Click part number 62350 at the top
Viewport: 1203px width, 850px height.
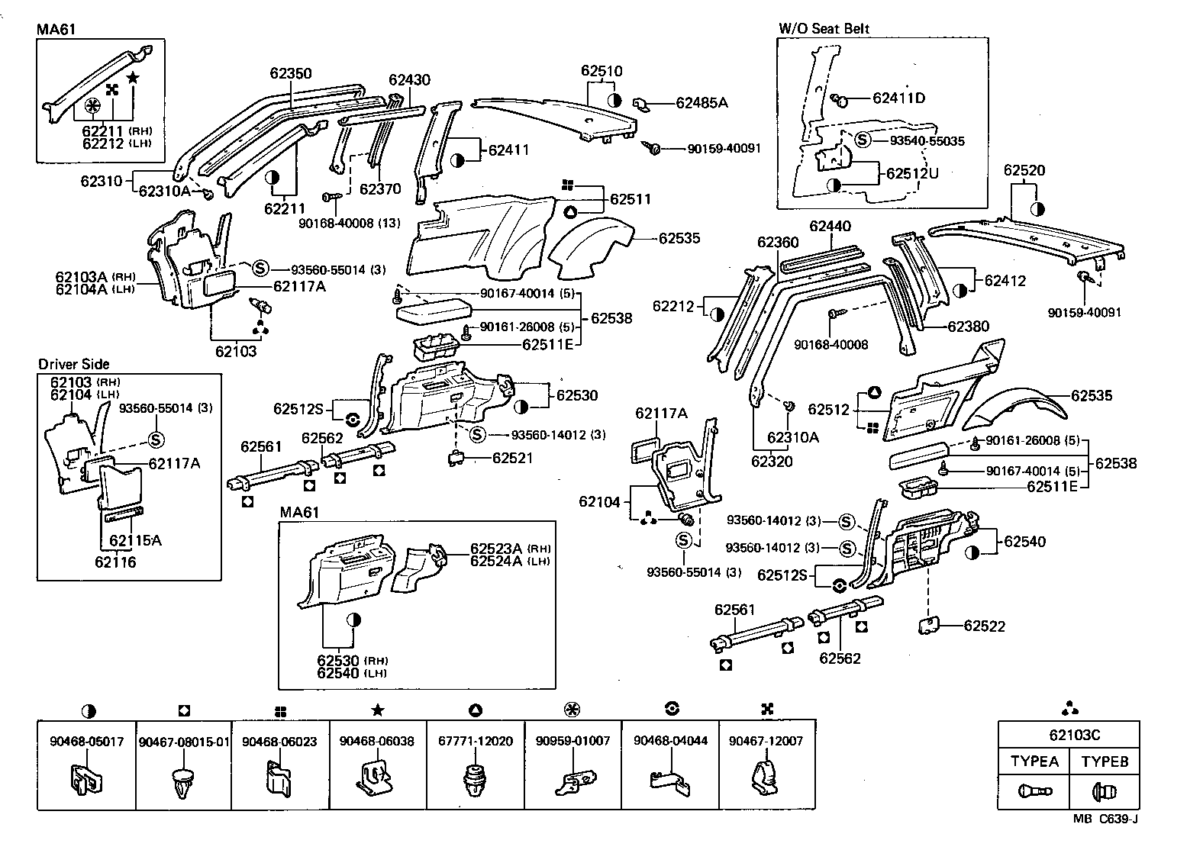[x=290, y=74]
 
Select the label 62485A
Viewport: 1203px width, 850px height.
[x=701, y=102]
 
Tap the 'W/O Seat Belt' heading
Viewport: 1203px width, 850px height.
[x=824, y=28]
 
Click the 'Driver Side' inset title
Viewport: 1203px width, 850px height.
[x=74, y=364]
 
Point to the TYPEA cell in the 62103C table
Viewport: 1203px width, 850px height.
[x=1034, y=761]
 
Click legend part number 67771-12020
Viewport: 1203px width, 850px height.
[x=475, y=741]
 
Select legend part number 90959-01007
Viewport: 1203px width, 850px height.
[x=572, y=741]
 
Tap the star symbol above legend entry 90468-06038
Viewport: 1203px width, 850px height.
[x=377, y=710]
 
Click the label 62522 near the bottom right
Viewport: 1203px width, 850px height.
[x=984, y=626]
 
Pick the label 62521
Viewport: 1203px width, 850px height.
[x=513, y=458]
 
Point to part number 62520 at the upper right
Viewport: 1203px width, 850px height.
[x=1024, y=171]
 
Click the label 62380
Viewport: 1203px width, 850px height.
[x=968, y=326]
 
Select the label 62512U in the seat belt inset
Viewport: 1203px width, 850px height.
[x=912, y=173]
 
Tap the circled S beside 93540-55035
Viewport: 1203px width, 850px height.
[x=862, y=140]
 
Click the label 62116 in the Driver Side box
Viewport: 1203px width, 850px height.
[x=115, y=562]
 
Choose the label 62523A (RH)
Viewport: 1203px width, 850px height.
[x=497, y=549]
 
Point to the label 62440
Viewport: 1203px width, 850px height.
[x=830, y=227]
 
